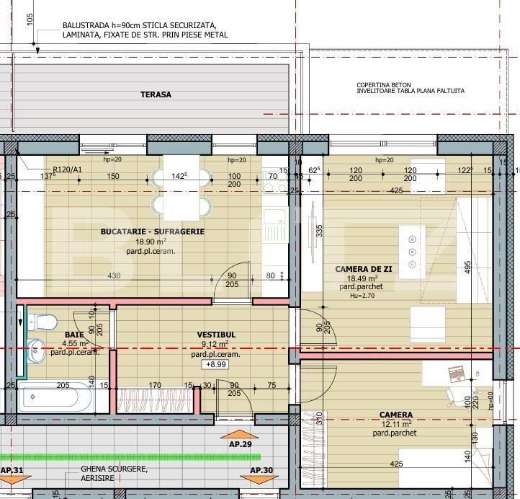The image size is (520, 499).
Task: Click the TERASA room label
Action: (156, 94)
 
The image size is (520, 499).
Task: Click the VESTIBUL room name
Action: (216, 335)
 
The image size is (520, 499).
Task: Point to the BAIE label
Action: (74, 335)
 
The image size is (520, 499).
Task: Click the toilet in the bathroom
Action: (43, 322)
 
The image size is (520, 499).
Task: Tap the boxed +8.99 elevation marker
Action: (216, 365)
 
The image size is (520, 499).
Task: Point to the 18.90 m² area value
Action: (152, 242)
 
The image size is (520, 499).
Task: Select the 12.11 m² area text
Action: (396, 424)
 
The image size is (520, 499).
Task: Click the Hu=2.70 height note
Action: (363, 296)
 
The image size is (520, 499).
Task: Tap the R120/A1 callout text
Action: (68, 170)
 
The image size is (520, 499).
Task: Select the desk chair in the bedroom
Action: (459, 393)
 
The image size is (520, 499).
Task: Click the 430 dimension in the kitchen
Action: (114, 276)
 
